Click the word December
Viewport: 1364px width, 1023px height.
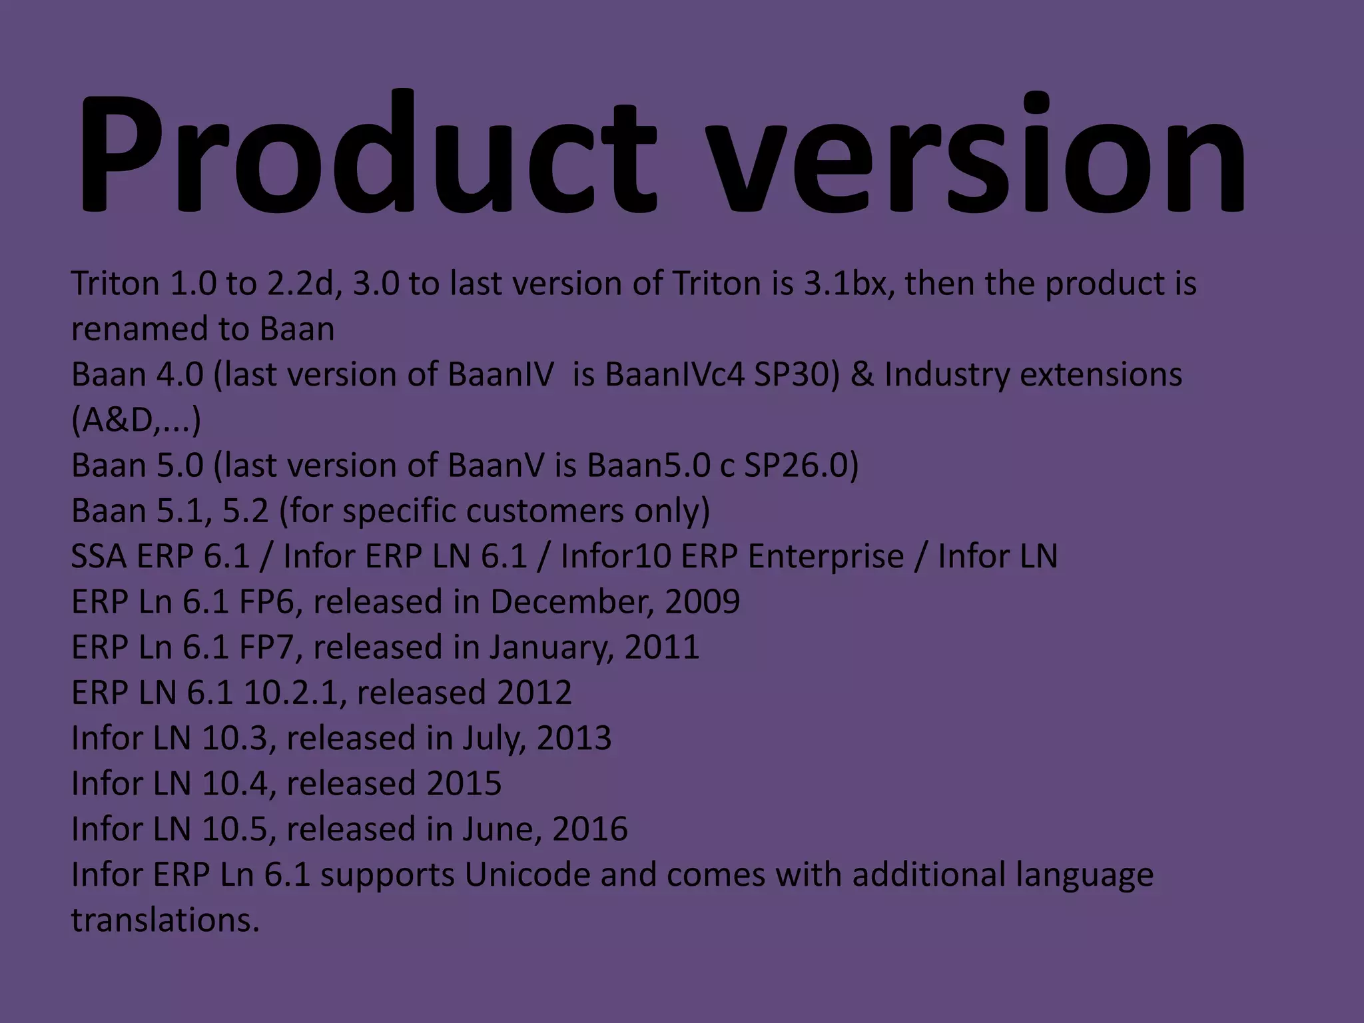(569, 602)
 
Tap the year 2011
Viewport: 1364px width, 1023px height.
(662, 647)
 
